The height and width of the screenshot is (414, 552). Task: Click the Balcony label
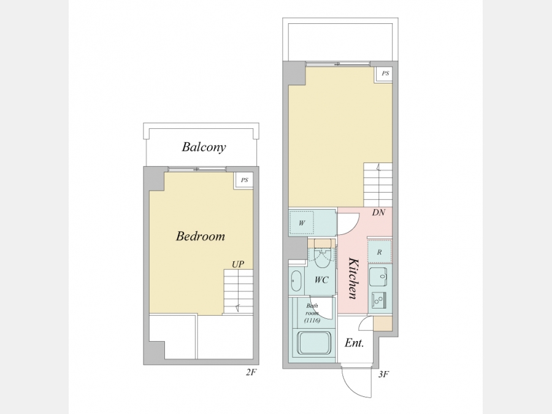[x=204, y=147]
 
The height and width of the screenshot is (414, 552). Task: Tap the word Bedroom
[x=201, y=236]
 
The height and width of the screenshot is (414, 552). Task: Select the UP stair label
[x=238, y=264]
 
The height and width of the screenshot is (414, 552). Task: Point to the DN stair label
[x=378, y=212]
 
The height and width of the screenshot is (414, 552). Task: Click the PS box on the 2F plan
[x=244, y=180]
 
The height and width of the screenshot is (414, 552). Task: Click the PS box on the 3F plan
[x=385, y=74]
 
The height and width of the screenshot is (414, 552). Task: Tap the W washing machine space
[x=302, y=223]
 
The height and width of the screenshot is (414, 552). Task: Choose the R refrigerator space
[x=380, y=251]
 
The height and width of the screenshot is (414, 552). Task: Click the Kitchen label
[x=353, y=278]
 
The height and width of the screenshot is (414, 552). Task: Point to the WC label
[x=321, y=280]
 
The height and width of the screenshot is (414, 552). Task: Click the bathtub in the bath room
[x=313, y=343]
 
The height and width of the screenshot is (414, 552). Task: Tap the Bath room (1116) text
[x=312, y=313]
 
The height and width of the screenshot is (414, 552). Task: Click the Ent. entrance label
[x=354, y=342]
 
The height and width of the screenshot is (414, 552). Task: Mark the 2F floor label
[x=251, y=372]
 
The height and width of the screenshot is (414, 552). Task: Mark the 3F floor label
[x=383, y=374]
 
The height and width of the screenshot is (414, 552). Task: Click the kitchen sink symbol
[x=378, y=277]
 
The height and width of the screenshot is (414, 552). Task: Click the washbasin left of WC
[x=296, y=281]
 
